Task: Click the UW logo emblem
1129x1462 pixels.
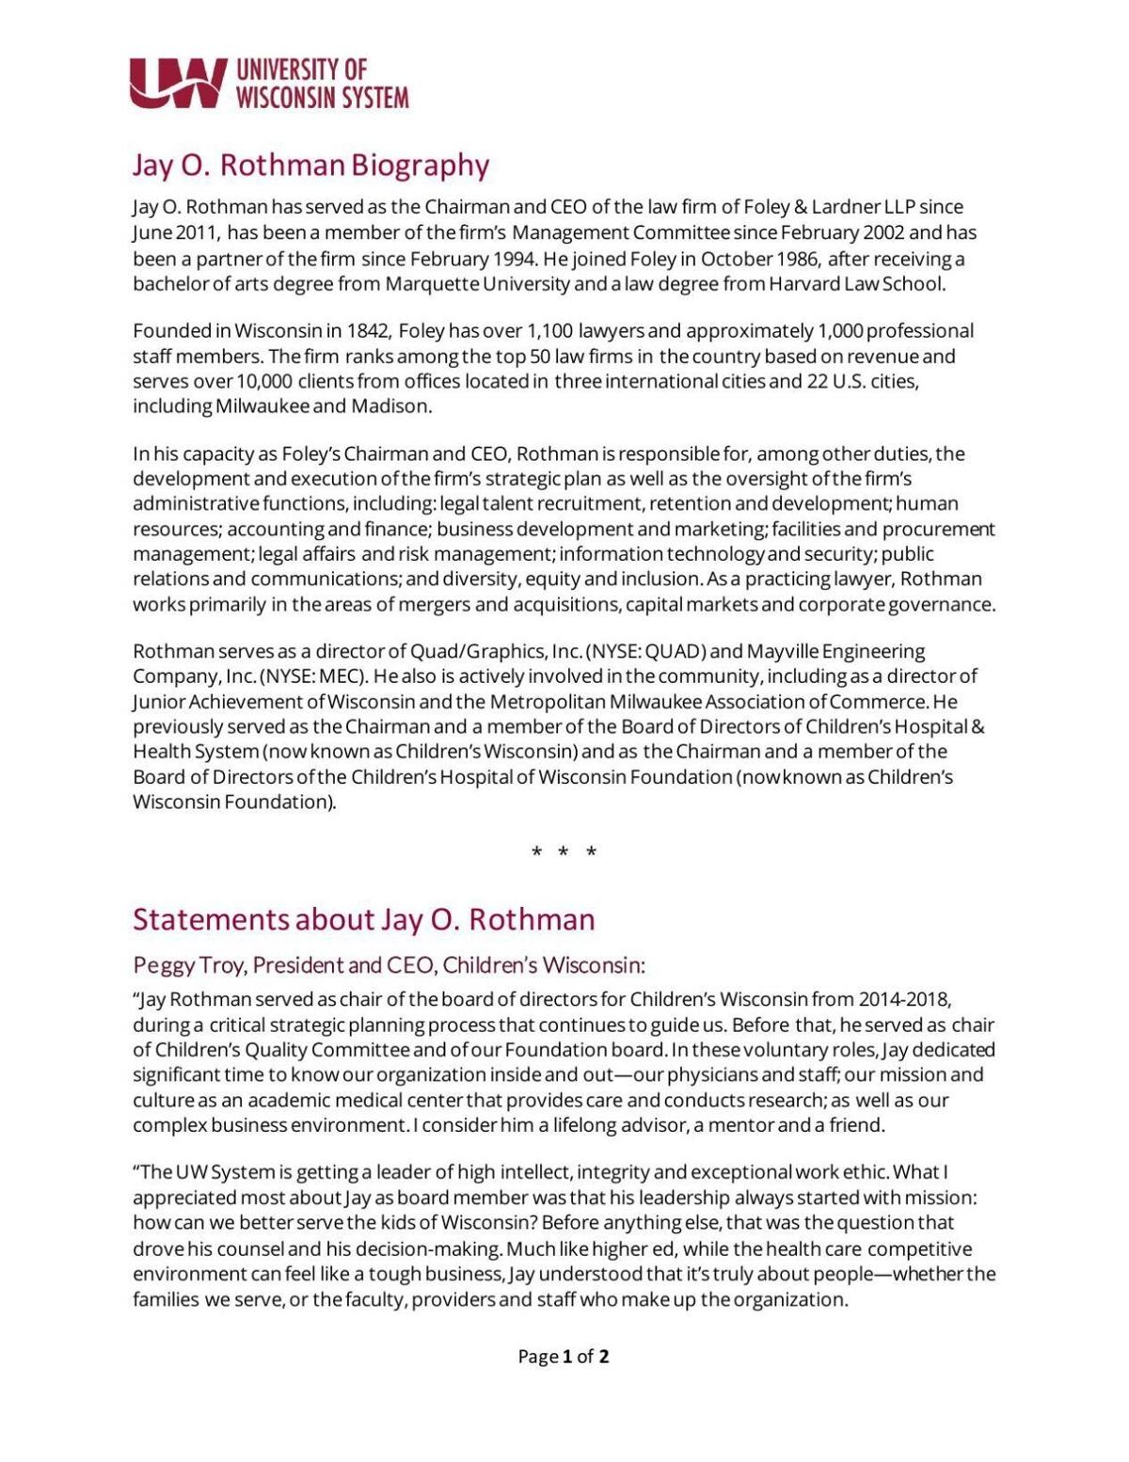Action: [178, 83]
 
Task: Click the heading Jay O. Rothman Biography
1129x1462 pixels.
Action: [310, 165]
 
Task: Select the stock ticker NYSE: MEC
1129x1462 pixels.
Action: [315, 676]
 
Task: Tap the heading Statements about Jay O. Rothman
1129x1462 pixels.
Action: [363, 919]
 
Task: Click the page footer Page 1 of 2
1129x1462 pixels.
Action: [563, 1356]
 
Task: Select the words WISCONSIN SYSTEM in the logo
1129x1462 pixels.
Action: [322, 98]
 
